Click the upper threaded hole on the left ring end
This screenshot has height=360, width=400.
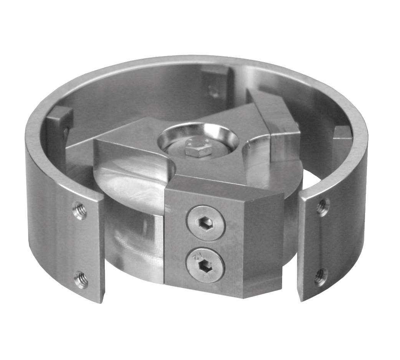[79, 211]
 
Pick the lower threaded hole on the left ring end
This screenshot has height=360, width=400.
[81, 279]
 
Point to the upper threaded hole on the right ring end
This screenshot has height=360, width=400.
[323, 207]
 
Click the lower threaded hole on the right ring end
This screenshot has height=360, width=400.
[321, 276]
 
